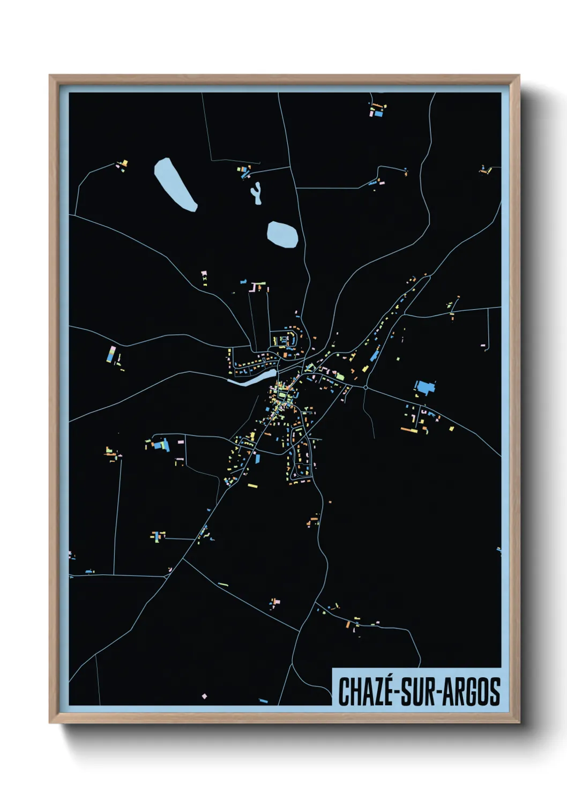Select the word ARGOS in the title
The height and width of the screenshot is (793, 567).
[472, 691]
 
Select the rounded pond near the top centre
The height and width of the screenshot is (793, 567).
[282, 234]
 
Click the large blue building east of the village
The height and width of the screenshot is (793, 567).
[424, 387]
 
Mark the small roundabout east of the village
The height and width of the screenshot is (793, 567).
[365, 387]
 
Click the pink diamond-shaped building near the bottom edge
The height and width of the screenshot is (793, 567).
[204, 696]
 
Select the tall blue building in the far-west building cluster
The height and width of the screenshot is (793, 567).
[111, 354]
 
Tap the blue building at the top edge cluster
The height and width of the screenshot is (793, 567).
[378, 114]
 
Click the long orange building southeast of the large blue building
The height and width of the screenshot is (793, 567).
[409, 429]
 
